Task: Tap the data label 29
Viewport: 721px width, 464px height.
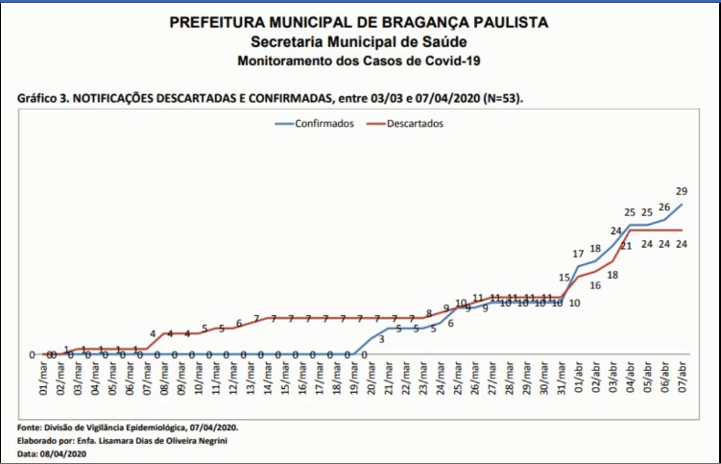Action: point(681,191)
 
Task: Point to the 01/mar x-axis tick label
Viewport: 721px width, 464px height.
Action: point(43,378)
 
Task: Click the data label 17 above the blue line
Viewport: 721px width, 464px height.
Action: point(579,254)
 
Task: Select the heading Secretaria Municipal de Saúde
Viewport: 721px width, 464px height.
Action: point(359,42)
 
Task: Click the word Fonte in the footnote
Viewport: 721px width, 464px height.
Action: point(31,427)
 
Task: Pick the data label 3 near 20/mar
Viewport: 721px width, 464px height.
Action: point(382,339)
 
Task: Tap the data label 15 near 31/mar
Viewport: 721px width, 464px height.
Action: point(565,278)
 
